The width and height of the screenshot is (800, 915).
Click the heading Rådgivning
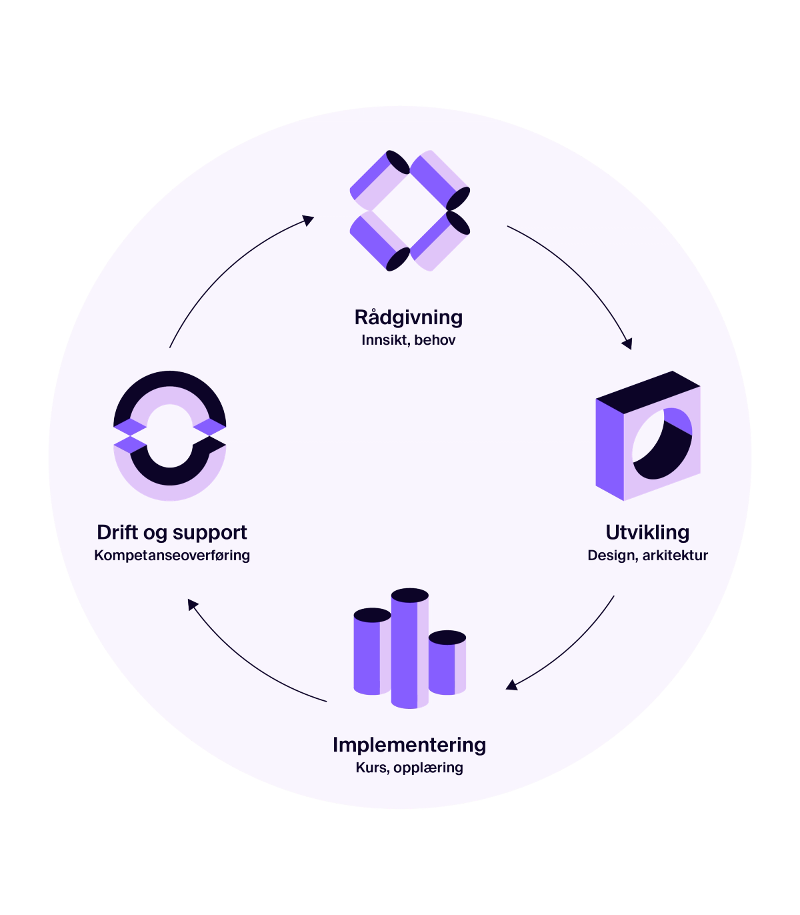408,317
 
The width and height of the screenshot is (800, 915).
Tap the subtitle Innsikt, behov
408,340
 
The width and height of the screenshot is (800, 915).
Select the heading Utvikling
647,533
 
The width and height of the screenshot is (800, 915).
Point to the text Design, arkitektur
647,556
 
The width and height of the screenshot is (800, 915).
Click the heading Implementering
409,745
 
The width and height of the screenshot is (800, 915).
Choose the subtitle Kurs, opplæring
409,768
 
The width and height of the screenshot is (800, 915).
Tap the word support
209,534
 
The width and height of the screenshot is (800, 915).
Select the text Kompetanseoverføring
172,556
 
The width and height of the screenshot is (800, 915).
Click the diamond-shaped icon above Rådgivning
409,211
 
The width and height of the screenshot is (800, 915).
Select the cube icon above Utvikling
647,436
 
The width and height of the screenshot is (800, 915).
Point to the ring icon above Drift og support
169,428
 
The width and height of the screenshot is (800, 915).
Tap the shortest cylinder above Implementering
446,663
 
